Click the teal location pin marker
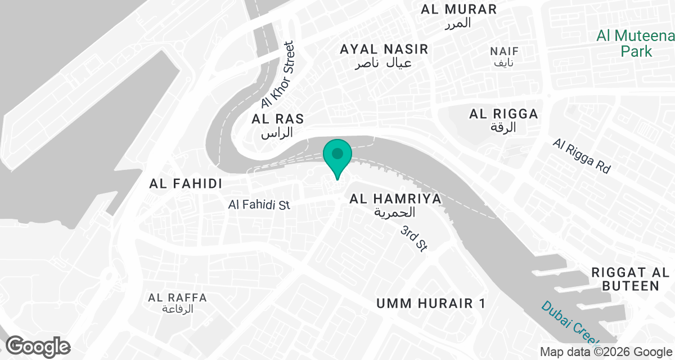point(337,156)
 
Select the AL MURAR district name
point(459,9)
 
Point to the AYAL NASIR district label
point(384,49)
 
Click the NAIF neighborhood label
point(505,51)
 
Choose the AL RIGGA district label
point(503,114)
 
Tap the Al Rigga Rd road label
point(581,156)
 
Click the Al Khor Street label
point(278,75)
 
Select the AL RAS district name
point(278,119)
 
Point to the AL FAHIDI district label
point(186,183)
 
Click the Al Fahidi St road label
point(259,204)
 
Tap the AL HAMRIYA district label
point(395,199)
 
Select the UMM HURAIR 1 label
point(430,304)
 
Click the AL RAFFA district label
point(178,298)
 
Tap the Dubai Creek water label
point(569,323)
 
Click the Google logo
point(38,346)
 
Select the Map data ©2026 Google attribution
point(606,352)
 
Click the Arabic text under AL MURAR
point(457,23)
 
